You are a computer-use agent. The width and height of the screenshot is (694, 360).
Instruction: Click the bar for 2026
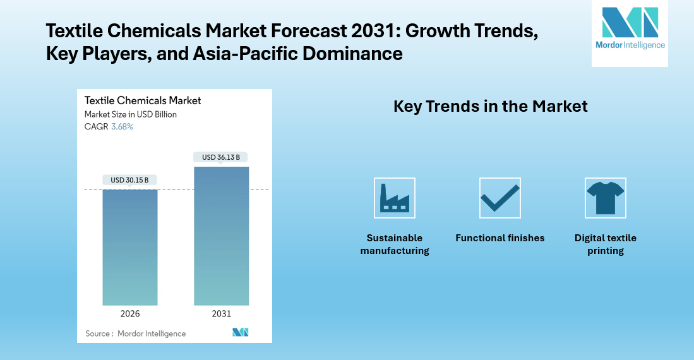129,247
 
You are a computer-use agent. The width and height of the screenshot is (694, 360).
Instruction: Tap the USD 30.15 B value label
129,180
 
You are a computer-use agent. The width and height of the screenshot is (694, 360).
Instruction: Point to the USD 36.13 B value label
221,157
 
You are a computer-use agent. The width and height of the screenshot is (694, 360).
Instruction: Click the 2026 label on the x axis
129,314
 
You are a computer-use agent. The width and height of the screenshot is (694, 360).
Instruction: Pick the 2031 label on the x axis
221,314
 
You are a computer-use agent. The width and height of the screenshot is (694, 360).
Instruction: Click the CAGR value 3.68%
122,126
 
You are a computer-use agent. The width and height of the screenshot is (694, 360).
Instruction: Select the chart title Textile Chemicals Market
143,100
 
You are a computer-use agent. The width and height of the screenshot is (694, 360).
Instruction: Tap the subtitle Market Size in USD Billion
131,114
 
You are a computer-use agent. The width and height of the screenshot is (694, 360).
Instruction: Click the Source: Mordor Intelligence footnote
135,333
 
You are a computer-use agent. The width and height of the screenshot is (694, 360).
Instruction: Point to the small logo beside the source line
240,332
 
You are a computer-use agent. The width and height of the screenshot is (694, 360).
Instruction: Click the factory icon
395,198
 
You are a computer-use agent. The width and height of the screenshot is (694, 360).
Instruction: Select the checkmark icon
500,198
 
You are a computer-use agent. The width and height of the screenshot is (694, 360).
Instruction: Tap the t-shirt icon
605,198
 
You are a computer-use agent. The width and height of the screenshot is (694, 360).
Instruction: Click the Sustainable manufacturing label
395,244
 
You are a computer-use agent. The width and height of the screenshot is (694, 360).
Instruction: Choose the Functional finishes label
500,238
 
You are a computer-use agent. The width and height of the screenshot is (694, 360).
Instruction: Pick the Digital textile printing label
605,244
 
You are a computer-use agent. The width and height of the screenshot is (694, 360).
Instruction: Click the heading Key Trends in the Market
490,106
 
